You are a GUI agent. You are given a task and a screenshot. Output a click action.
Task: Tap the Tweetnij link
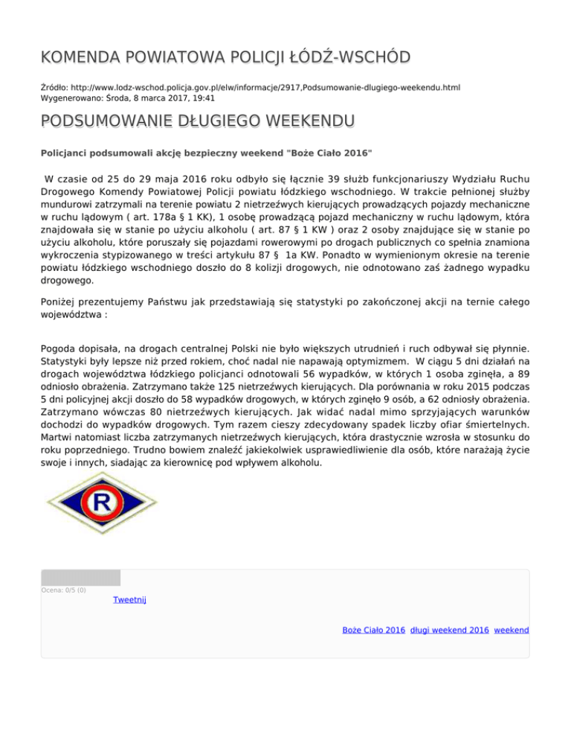[x=130, y=600]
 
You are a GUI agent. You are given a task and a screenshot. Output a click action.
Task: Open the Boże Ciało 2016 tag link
[x=373, y=630]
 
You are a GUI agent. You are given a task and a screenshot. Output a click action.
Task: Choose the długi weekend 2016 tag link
[x=449, y=630]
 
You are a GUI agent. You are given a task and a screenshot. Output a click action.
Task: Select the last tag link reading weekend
[x=512, y=630]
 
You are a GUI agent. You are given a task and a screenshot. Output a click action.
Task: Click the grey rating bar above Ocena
[x=80, y=578]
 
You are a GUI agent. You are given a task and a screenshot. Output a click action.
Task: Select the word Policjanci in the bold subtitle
[x=65, y=152]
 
